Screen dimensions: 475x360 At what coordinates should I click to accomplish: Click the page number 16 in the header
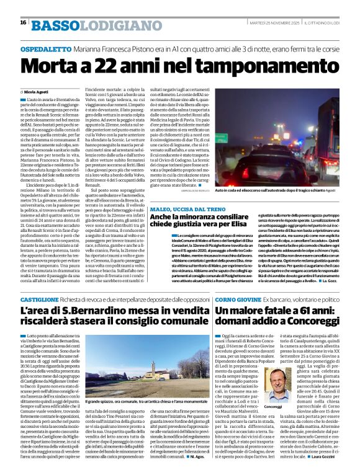(23, 22)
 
